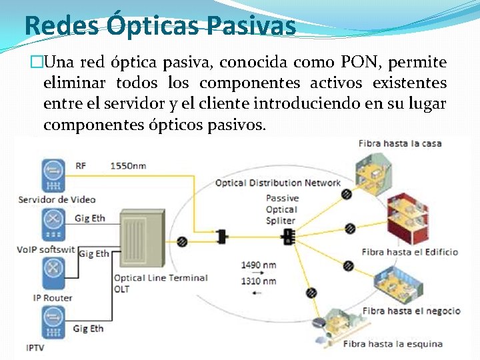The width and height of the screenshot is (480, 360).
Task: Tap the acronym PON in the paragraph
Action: point(359,63)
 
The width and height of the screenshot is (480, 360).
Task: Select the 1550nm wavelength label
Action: point(129,165)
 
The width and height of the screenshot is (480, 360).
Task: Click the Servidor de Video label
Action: point(57,199)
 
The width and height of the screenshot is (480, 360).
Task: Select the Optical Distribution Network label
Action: point(277,183)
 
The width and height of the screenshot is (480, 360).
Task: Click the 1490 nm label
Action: point(259,265)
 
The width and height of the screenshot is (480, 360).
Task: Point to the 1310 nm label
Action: point(259,281)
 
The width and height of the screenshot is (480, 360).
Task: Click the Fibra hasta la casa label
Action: point(399,143)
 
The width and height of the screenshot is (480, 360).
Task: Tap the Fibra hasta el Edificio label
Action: point(410,252)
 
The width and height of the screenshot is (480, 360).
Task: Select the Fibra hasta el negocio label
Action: point(411,311)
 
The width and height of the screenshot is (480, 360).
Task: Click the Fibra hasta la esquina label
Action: point(393,344)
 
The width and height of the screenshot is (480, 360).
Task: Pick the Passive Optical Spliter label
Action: point(281,209)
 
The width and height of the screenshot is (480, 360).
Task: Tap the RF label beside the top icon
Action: point(81,165)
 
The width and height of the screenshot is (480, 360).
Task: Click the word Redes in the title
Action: point(60,25)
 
